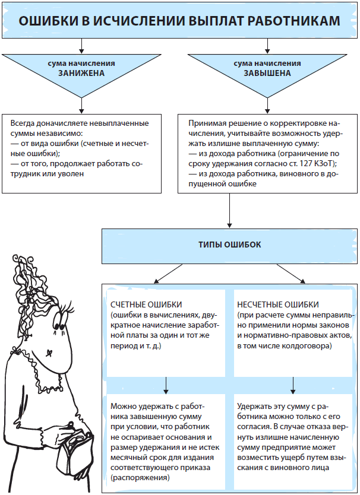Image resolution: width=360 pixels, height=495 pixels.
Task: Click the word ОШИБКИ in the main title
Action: (x=48, y=21)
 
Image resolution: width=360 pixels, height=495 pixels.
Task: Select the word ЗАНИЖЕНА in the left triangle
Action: (x=81, y=74)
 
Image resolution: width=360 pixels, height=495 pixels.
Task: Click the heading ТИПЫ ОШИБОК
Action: (x=229, y=245)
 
